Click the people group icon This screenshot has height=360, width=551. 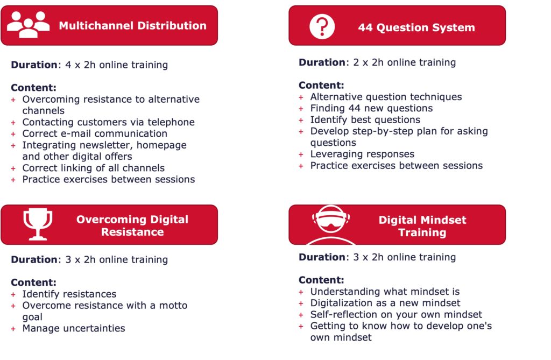(28, 25)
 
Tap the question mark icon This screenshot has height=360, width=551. (322, 27)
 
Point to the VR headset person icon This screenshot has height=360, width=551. (331, 225)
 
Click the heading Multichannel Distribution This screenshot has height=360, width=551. (132, 26)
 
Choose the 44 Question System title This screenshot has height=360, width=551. (416, 27)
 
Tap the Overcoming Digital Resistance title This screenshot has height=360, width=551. (132, 225)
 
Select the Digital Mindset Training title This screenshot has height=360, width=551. (422, 226)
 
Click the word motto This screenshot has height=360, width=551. (173, 305)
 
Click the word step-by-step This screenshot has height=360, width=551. (393, 131)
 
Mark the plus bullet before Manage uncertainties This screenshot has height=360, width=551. (13, 329)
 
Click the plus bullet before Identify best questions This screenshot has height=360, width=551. (301, 120)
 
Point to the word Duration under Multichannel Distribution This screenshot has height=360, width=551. (34, 65)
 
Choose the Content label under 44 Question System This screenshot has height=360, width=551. (321, 85)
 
